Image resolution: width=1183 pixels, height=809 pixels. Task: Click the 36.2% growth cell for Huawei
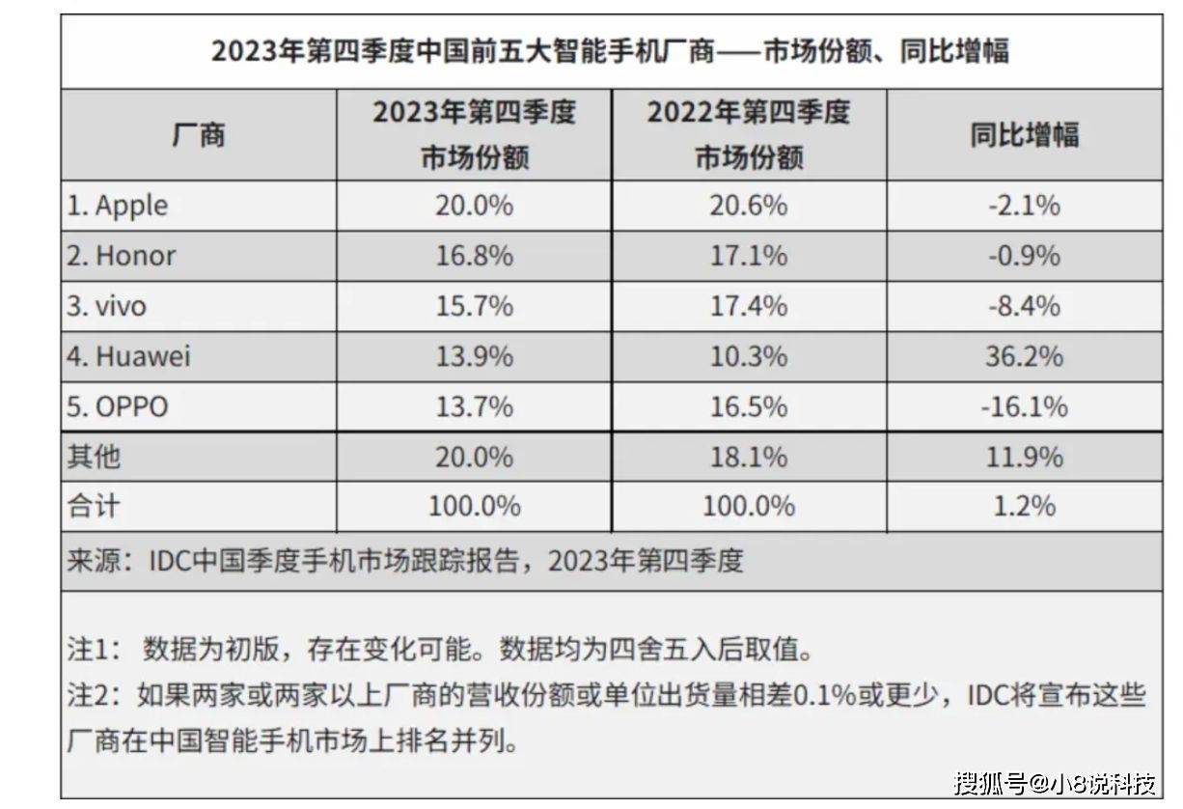(1024, 356)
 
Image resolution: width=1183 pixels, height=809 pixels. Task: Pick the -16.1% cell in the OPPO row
(1024, 406)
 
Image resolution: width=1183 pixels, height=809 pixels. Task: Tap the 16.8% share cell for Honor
(474, 256)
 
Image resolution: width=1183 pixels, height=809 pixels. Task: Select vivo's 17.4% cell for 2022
(749, 306)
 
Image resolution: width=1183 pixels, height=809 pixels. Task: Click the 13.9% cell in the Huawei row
(474, 356)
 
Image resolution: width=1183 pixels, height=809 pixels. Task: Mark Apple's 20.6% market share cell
(749, 206)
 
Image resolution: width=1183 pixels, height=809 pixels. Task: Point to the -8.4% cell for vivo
(1024, 306)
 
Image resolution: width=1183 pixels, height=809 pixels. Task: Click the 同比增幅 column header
(1024, 134)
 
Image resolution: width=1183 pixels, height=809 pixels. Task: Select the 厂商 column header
(199, 134)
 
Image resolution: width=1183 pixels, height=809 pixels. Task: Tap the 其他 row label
(94, 457)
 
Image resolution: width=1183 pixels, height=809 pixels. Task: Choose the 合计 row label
(94, 506)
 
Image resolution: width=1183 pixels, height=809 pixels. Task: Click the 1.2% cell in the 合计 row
(1024, 506)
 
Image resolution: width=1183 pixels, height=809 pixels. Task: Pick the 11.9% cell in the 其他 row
(1024, 457)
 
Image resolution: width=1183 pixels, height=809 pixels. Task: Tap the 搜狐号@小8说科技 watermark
(1055, 781)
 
